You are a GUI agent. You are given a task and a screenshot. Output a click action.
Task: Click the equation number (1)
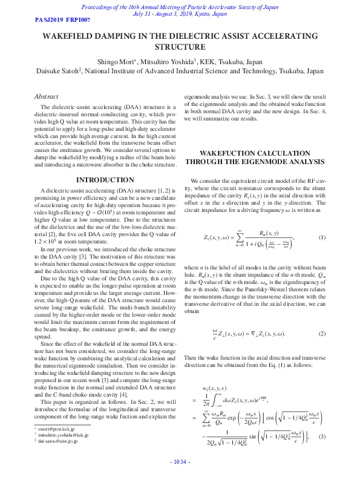coord(322,237)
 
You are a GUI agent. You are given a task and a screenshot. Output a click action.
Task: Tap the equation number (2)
coord(322,334)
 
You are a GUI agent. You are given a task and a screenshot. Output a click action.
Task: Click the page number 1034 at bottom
coord(180,462)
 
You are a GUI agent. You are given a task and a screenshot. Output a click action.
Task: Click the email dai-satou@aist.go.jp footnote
coord(58,441)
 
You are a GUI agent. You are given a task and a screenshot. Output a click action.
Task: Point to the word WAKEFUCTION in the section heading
coord(226,153)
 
